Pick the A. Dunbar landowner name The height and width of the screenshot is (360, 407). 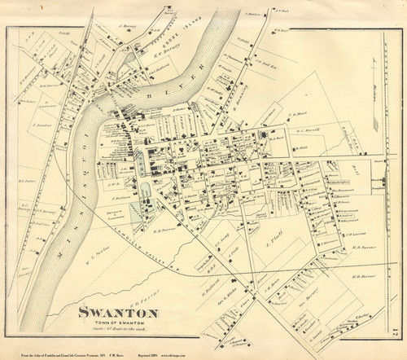point(42,126)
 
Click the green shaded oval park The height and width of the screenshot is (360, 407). point(145,192)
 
